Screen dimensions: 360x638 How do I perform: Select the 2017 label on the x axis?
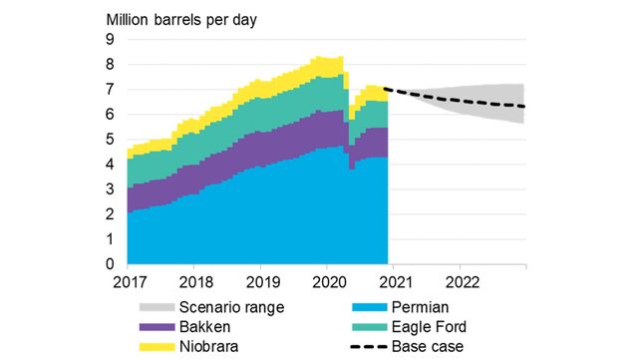128,282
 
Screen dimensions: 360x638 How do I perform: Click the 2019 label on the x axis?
260,282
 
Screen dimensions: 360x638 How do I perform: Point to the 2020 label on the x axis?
327,282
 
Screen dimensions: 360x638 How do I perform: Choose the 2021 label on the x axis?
394,282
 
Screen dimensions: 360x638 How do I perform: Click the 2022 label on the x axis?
460,282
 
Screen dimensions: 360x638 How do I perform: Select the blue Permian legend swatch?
373,307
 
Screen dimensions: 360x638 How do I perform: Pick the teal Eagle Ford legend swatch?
373,326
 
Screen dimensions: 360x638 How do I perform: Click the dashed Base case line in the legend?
373,345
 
